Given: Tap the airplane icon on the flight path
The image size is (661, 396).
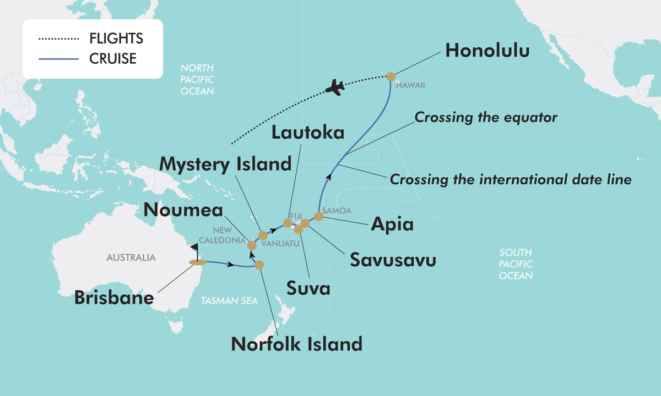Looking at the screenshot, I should coord(335,87).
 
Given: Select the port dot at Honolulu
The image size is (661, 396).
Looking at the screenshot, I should coord(391,76).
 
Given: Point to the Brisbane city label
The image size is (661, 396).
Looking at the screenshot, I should coord(113,298).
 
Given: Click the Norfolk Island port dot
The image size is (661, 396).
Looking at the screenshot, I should coord(259,265).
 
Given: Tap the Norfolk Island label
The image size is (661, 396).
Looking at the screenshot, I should coord(297,344).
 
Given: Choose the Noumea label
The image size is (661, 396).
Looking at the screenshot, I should coord(183,210).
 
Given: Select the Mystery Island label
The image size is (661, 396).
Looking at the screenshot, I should coord(225,164).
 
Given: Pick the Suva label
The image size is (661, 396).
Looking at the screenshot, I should coord(308,288).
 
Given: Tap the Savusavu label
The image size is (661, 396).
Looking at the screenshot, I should coord(393,260).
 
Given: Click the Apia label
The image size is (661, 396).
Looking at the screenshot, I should coord(392,223).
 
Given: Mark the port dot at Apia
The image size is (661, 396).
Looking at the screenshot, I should coord(318,216).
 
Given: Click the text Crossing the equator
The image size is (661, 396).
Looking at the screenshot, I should coord(486,117).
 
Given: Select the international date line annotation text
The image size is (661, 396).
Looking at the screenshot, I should coord(511,179).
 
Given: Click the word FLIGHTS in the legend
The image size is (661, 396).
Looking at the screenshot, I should coord(116,39).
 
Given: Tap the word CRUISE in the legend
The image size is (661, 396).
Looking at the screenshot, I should coord(113,58).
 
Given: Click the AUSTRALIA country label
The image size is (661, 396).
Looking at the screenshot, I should coord(131,257).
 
